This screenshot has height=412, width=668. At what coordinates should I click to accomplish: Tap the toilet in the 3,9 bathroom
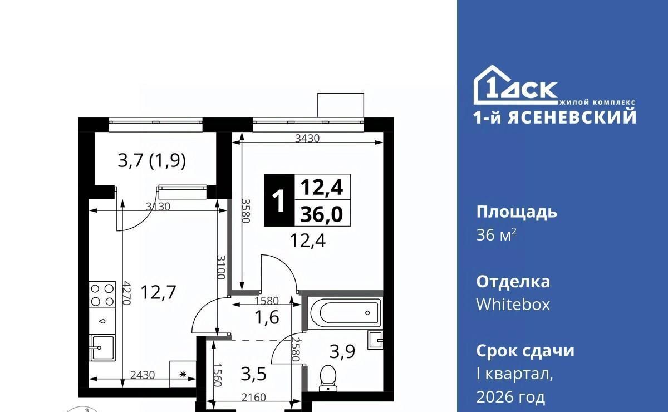click(x=328, y=378)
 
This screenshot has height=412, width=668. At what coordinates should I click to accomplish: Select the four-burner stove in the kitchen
click(x=102, y=295)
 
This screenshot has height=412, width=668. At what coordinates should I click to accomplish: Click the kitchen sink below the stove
click(x=102, y=347)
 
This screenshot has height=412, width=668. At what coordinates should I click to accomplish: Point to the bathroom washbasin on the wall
click(x=375, y=340)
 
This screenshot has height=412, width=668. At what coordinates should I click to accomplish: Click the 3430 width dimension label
click(x=307, y=139)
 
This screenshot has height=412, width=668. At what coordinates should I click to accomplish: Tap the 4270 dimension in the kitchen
click(x=127, y=293)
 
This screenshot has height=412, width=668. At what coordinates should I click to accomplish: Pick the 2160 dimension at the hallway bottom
click(x=253, y=398)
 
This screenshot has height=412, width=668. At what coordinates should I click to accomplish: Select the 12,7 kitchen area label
click(x=158, y=292)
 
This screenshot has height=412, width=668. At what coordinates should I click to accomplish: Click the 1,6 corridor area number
click(x=267, y=317)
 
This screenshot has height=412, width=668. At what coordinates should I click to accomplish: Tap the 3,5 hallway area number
click(x=253, y=374)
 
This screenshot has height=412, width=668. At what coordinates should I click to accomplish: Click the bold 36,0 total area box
click(x=322, y=214)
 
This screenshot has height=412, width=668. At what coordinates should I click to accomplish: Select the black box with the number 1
click(x=279, y=200)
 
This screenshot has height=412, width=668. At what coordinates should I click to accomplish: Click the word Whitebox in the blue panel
click(x=513, y=305)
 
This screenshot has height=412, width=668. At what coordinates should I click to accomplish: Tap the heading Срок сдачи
click(x=525, y=351)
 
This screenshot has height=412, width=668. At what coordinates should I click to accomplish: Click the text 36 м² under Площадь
click(x=496, y=235)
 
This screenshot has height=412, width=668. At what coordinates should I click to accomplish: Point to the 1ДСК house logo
click(x=515, y=85)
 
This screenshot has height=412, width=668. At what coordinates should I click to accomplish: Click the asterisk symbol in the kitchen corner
click(x=183, y=374)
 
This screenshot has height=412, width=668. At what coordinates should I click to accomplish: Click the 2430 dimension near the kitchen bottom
click(x=143, y=375)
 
